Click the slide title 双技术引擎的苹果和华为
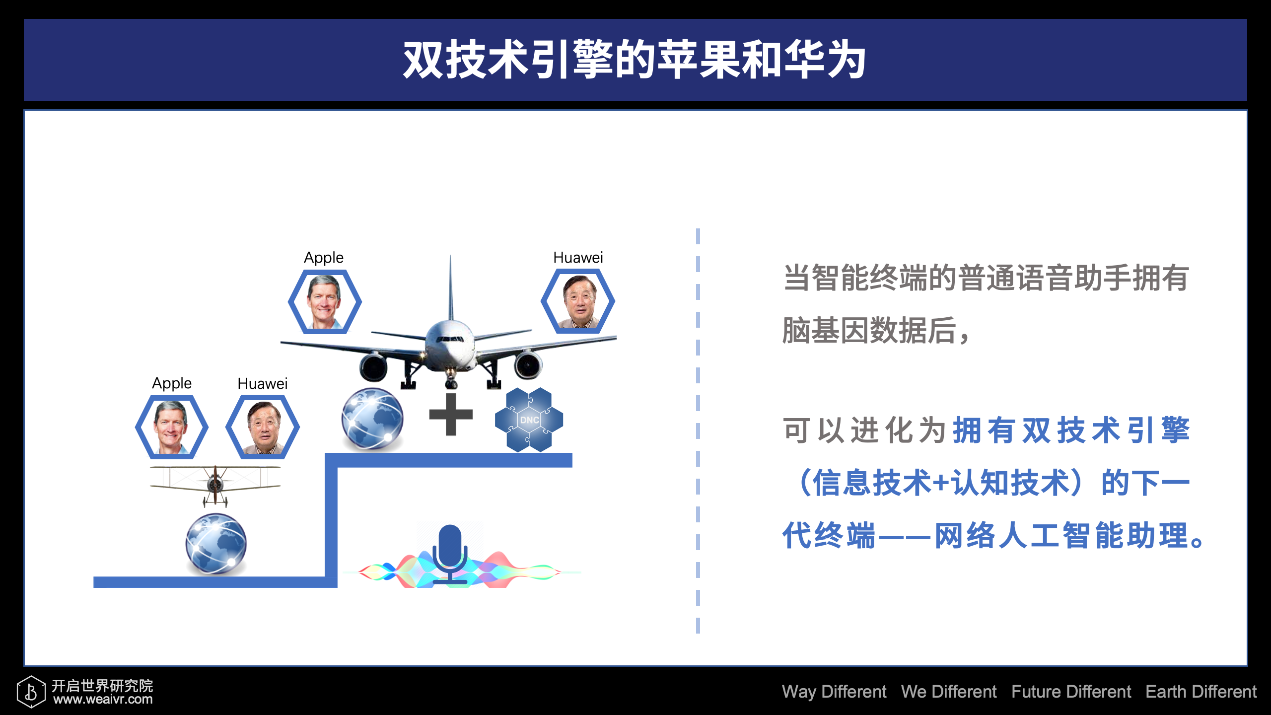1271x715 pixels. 635,60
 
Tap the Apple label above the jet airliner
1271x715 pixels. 324,258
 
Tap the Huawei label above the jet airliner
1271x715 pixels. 578,257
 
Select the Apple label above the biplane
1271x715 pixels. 172,383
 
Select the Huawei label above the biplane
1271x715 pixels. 263,383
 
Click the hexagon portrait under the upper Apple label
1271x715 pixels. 325,301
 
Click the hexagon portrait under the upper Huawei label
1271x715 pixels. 578,301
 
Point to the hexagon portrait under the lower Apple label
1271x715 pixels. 172,427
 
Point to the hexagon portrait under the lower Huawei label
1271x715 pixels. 263,427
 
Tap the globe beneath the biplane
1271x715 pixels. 216,544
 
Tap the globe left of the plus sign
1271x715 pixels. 372,419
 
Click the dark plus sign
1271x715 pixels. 451,414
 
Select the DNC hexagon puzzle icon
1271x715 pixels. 529,420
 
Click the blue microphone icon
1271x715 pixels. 450,554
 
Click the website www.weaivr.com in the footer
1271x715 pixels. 103,700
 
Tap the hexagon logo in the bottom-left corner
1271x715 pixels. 31,691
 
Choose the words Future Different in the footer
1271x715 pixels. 1071,691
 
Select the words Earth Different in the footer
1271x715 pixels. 1201,691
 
